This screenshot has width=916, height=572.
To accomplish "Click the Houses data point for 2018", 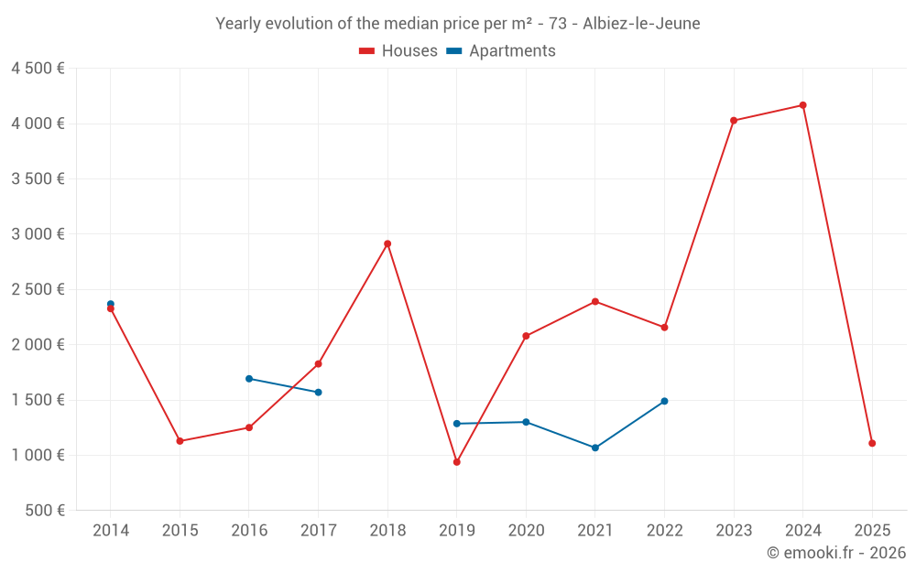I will (x=387, y=243).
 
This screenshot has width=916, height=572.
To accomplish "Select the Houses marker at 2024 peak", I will (x=802, y=105).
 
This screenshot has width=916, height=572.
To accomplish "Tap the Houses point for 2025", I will (x=872, y=443).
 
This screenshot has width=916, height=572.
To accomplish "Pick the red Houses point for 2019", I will (x=456, y=462).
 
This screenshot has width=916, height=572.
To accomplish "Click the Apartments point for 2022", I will (x=664, y=401).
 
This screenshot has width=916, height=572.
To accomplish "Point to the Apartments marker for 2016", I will (x=249, y=379).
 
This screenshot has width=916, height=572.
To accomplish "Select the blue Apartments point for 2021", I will (x=595, y=448).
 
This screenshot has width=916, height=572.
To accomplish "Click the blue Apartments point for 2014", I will (x=111, y=304).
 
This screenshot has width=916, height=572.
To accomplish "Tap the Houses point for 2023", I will (x=734, y=120).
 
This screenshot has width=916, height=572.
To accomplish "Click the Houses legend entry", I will (x=398, y=51).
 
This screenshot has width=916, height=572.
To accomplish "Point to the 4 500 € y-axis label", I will (x=38, y=69).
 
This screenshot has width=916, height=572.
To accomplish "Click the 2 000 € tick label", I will (x=38, y=345).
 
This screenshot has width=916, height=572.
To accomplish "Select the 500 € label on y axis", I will (x=44, y=511).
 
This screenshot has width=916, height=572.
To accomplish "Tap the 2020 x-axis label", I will (x=526, y=531).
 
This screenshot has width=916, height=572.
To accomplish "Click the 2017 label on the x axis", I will (x=318, y=531).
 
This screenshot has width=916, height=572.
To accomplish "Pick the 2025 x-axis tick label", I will (x=872, y=531).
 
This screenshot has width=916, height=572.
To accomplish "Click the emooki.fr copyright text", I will (x=836, y=553).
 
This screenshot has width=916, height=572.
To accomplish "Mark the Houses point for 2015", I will (x=180, y=441).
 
